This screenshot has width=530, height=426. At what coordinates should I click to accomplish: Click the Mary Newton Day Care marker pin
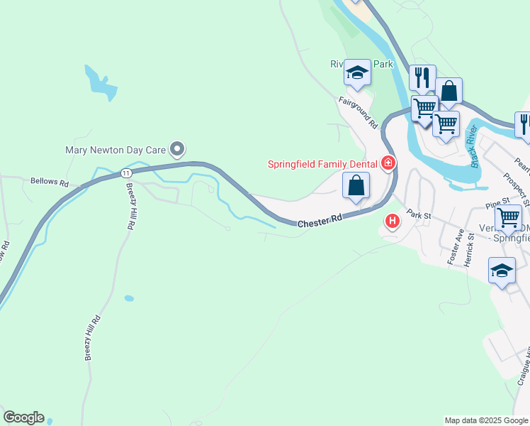point(178,149)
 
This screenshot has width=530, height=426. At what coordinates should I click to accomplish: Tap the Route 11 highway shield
point(125,173)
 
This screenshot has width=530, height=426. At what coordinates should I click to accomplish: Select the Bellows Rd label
point(50,182)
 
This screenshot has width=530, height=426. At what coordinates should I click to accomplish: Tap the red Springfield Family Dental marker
point(388,164)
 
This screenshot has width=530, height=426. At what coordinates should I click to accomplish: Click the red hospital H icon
point(392,222)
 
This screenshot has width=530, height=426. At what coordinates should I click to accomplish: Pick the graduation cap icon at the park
point(357,72)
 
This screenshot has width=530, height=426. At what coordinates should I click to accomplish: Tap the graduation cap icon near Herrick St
point(502,271)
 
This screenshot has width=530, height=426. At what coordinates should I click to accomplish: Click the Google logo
point(23,417)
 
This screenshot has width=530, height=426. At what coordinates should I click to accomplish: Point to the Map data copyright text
point(486,420)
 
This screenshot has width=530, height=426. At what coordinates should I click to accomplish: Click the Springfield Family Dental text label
point(322,164)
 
